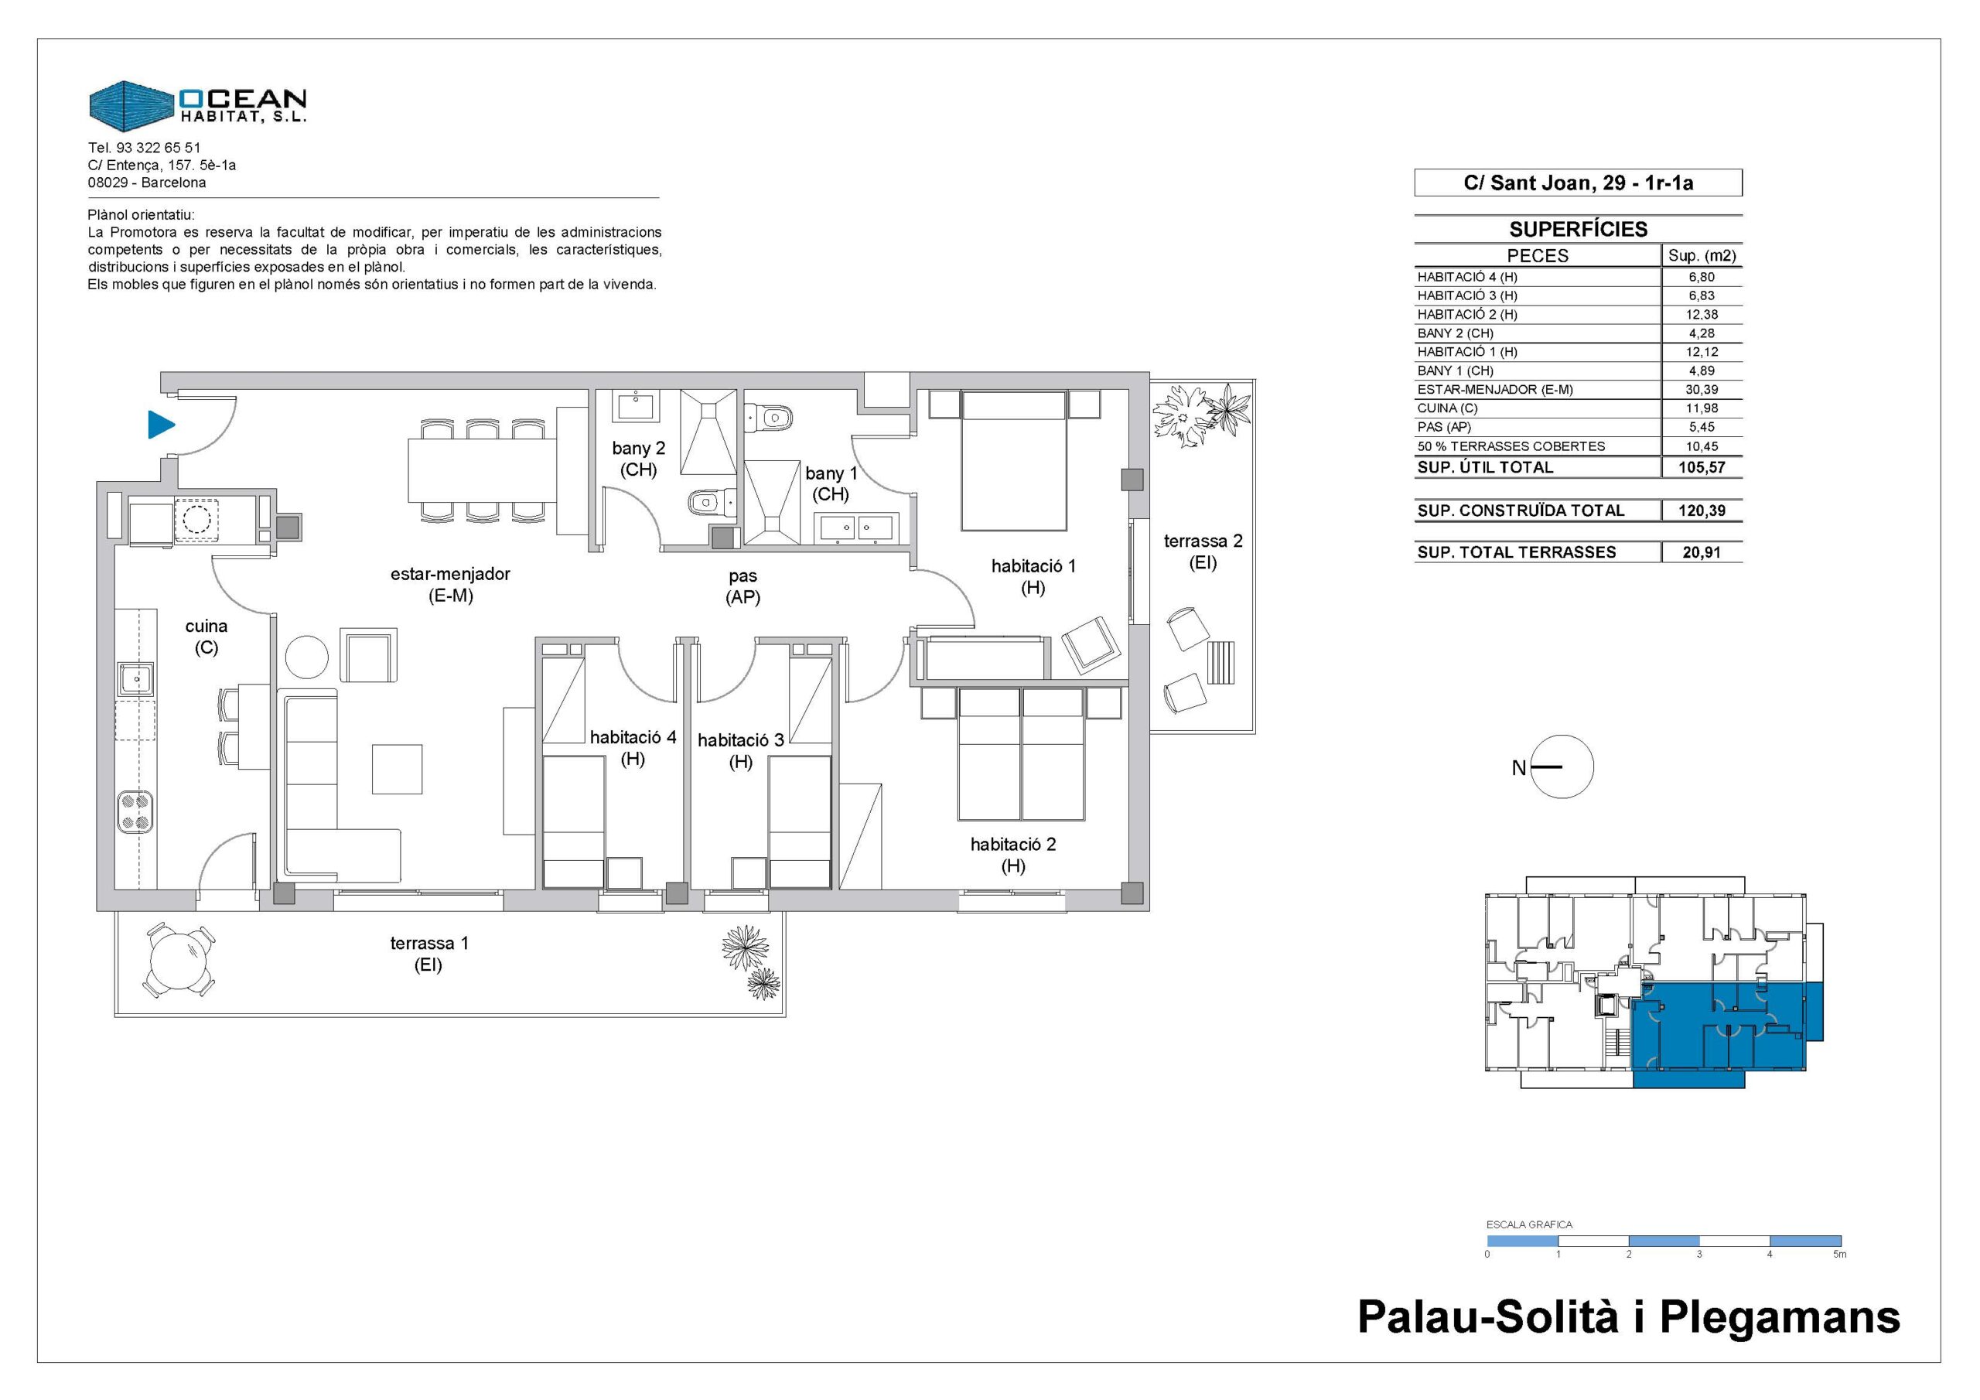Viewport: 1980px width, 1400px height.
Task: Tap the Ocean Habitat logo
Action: point(197,106)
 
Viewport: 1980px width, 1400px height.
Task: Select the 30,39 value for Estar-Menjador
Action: point(1702,390)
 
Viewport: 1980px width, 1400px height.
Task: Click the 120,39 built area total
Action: point(1702,510)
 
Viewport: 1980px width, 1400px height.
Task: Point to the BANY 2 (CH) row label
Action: point(1456,333)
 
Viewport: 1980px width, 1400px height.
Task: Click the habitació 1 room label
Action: point(1033,577)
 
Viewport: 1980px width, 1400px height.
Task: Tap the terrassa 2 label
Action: point(1203,552)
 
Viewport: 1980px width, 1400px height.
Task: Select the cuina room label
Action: point(206,637)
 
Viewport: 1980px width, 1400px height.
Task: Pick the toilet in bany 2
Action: point(710,502)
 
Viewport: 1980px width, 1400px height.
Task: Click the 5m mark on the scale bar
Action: point(1839,1255)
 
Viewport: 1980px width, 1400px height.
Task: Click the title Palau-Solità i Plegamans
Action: point(1629,1317)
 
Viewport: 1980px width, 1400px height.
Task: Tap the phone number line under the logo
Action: point(144,148)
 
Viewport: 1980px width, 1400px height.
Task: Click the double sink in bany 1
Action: point(855,526)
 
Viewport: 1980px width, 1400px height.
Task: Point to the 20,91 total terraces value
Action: point(1702,553)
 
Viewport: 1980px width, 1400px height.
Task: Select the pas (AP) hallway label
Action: point(743,586)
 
